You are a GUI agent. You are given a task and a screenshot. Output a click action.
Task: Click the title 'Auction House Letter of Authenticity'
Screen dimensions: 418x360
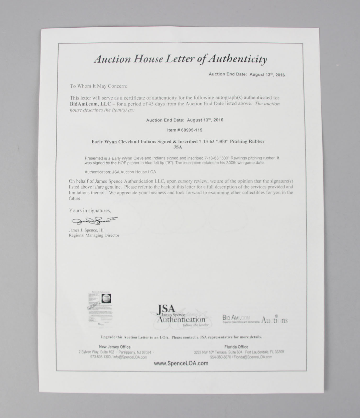[x=180, y=59]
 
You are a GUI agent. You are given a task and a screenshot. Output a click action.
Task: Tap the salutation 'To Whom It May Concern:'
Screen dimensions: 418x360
[x=98, y=86]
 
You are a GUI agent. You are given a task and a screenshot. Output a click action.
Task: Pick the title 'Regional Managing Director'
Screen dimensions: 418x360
[x=94, y=235]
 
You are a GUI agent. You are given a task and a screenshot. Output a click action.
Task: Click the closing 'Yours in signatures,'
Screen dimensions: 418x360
[x=90, y=210]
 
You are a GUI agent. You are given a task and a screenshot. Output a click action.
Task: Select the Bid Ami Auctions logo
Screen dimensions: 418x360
[x=255, y=319]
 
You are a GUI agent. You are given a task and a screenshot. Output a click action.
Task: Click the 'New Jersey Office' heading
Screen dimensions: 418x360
[x=115, y=347]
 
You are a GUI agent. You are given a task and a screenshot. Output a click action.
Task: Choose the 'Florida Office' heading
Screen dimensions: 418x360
[x=236, y=347]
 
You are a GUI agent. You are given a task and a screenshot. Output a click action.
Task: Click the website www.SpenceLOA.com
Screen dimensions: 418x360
[x=181, y=363]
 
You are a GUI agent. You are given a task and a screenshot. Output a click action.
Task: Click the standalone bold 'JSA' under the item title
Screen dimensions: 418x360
[x=178, y=147]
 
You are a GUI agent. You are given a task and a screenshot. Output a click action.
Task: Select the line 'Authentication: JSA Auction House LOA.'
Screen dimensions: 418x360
[x=121, y=172]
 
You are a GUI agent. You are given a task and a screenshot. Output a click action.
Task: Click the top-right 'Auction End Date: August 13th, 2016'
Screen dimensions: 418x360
[x=246, y=74]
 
